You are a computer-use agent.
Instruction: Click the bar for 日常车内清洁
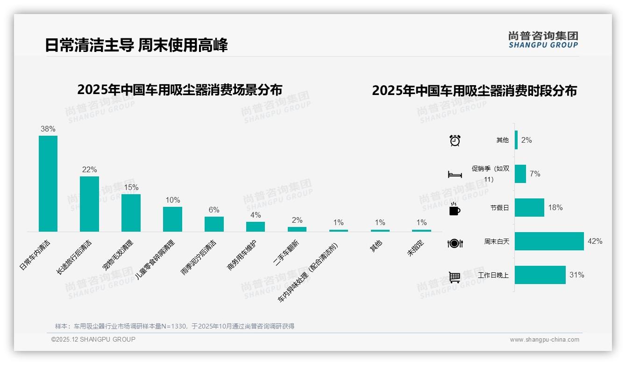point(48,183)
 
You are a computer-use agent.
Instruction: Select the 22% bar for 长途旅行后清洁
point(89,204)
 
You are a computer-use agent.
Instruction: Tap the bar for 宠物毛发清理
point(131,212)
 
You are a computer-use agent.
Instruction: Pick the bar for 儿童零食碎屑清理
point(172,219)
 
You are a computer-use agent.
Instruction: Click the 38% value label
point(48,129)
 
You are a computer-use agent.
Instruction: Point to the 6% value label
point(214,210)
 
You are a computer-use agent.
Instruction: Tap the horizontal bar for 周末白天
point(549,241)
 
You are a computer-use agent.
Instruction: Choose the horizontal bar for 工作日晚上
point(540,275)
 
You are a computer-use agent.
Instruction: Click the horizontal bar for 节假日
point(529,207)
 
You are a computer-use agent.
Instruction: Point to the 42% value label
point(595,241)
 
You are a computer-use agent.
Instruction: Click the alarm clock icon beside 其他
point(455,140)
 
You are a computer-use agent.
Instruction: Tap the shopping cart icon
point(455,277)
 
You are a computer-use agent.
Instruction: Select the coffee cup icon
point(455,209)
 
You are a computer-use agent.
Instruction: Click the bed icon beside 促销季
point(455,175)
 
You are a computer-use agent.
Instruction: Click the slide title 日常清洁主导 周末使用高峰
point(136,45)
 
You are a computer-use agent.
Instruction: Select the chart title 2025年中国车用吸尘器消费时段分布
point(474,91)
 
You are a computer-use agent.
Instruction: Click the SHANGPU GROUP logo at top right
point(543,40)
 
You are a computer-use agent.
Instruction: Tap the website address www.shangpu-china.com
point(544,340)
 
